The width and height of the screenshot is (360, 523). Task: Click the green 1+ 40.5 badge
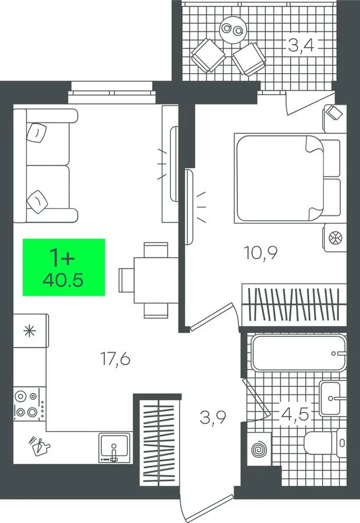click(x=64, y=267)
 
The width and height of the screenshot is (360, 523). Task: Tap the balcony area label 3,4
click(x=301, y=45)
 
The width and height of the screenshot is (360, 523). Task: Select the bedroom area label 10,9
click(x=261, y=253)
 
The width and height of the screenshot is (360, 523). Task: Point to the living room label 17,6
click(x=115, y=359)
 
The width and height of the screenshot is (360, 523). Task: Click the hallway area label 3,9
click(x=213, y=417)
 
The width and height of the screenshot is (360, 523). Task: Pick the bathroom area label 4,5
click(x=295, y=414)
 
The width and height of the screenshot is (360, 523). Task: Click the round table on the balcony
click(x=233, y=30)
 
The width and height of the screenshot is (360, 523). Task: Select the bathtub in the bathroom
click(x=298, y=353)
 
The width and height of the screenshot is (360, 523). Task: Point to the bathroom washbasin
click(x=333, y=398)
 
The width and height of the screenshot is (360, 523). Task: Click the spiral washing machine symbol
click(x=259, y=449)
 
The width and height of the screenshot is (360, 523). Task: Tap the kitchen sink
click(x=114, y=447)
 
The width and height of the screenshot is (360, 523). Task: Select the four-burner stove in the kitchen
click(x=30, y=404)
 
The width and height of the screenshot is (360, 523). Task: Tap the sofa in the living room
click(x=45, y=166)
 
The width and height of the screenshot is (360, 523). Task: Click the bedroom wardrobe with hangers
click(x=294, y=305)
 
